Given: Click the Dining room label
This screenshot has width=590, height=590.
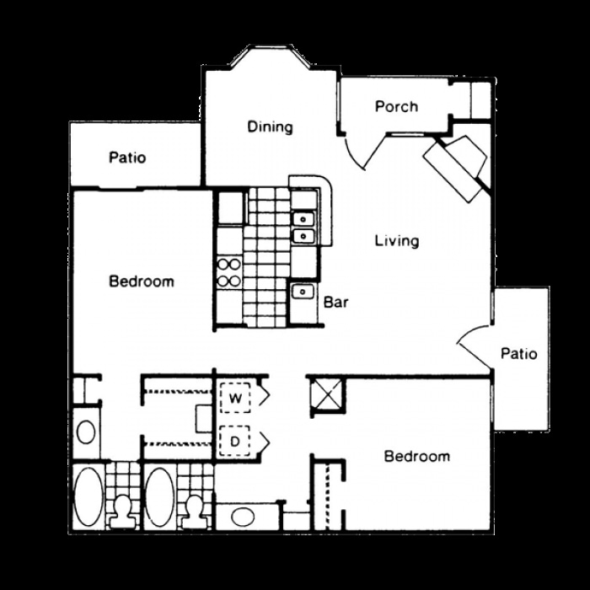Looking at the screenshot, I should (270, 127).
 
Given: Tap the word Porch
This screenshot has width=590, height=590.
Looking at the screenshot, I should (396, 106).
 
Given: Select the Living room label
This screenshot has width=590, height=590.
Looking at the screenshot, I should (397, 241).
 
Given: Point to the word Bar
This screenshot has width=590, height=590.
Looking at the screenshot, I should (337, 301).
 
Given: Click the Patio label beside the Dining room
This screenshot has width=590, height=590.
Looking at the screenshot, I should (127, 158).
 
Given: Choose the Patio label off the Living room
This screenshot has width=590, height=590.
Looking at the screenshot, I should (518, 353).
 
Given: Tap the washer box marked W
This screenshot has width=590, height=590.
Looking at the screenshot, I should (236, 395).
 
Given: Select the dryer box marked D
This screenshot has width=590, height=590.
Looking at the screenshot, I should (236, 439).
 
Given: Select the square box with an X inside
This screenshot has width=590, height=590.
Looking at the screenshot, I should (326, 394).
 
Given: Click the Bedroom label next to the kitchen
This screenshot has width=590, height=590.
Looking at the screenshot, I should (142, 281).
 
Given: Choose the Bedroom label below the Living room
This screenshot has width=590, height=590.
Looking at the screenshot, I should (416, 457).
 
